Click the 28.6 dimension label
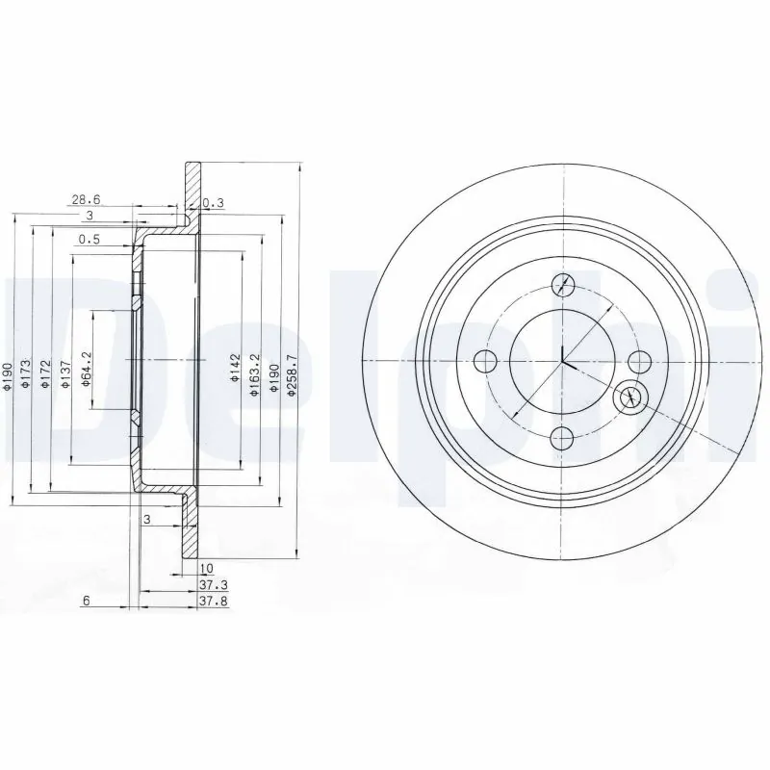coord(86,199)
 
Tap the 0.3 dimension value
coord(213,202)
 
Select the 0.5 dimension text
coord(90,239)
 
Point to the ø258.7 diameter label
coord(293,375)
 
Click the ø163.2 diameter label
coord(254,374)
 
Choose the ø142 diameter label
coord(234,369)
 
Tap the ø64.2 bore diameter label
coord(87,369)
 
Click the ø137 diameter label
coord(65,374)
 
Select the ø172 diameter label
coord(45,374)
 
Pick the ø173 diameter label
coord(26,374)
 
